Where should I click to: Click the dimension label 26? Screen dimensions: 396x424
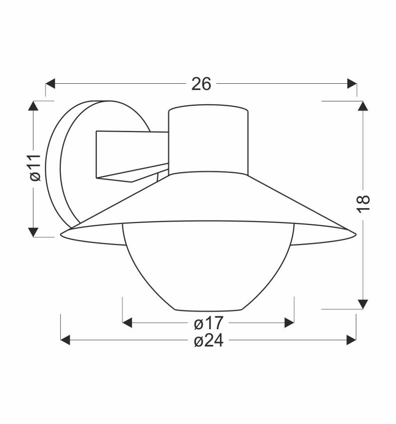point(201,84)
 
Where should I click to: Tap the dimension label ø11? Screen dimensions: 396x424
point(35,168)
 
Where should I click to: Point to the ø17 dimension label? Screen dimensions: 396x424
point(209,323)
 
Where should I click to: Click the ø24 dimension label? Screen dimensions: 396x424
point(209,340)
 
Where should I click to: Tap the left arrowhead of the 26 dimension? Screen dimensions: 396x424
point(50,84)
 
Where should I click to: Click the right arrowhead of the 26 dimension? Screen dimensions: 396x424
point(352,84)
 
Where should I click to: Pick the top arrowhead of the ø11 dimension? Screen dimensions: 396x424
point(33,106)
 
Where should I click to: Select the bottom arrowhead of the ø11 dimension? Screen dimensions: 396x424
point(33,232)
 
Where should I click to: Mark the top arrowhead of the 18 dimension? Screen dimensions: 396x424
point(363,106)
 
